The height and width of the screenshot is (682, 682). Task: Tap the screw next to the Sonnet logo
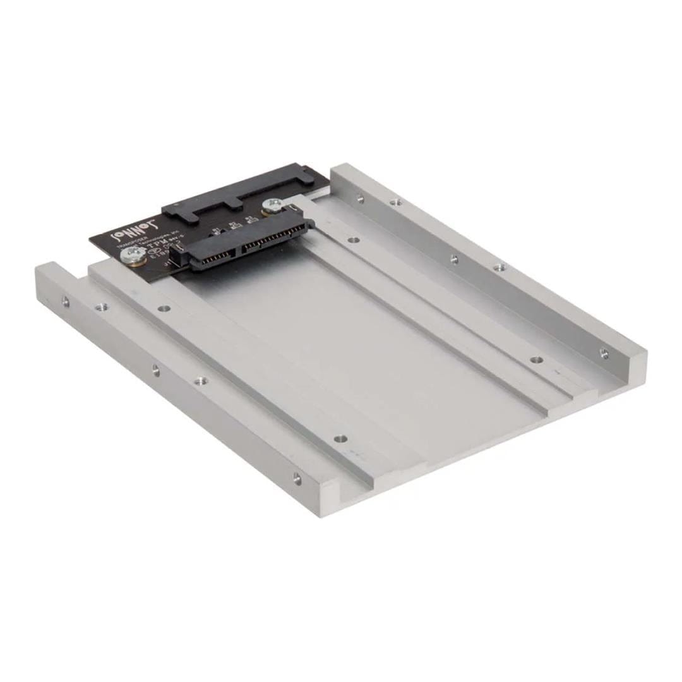coord(132,255)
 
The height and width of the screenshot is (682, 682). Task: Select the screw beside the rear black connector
coord(272,205)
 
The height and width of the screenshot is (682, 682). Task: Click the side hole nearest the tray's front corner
coord(297,479)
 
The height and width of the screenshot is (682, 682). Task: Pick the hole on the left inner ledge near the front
coord(340,438)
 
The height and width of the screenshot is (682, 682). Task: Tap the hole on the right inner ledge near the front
coord(536,360)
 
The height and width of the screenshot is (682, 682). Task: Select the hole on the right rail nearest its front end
coord(604,353)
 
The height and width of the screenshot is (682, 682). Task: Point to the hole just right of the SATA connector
coord(354,240)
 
